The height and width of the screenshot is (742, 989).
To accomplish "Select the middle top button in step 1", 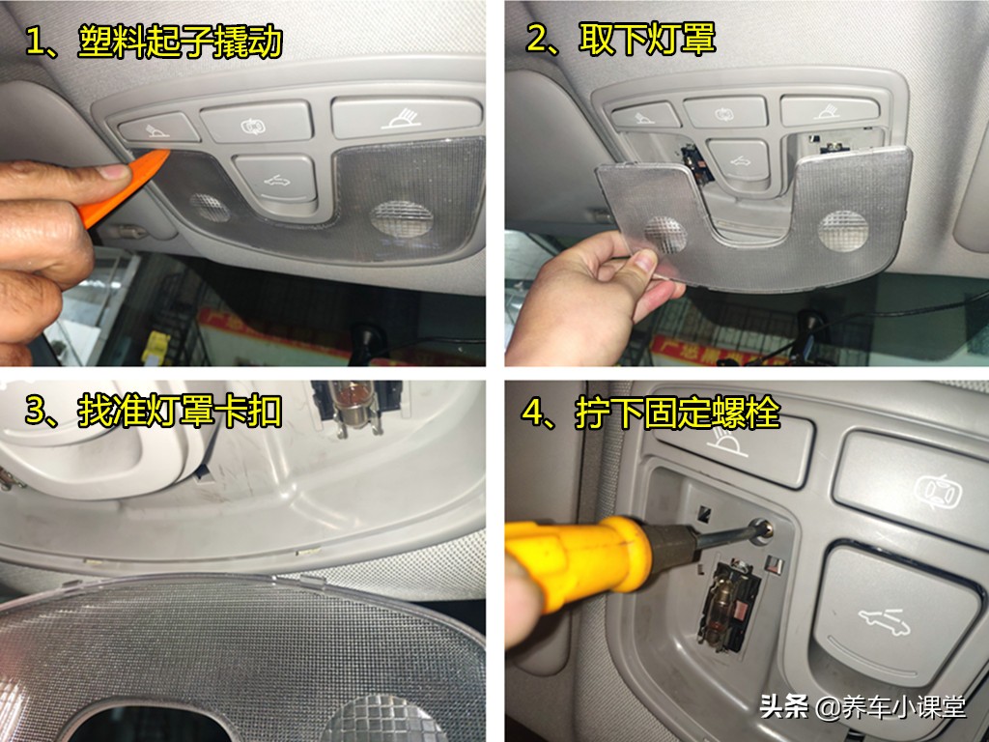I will click(257, 122).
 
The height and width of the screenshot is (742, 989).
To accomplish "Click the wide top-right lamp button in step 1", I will click(406, 116).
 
